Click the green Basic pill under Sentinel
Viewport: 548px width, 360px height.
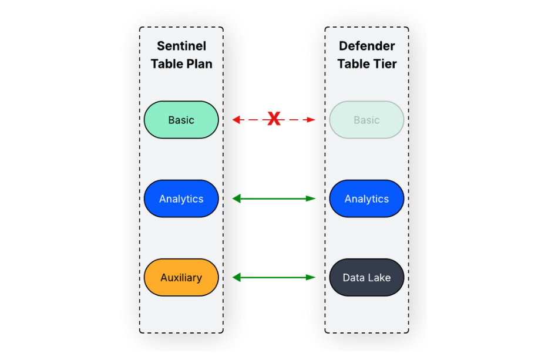(x=181, y=120)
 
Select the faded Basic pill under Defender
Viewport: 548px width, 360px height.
(x=367, y=120)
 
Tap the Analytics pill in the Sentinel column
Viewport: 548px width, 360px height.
(x=181, y=198)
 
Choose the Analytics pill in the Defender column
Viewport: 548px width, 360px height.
(x=367, y=198)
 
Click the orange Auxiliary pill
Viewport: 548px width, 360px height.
(x=181, y=277)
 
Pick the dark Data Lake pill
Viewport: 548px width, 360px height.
(x=367, y=277)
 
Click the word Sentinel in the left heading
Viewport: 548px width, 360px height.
(x=181, y=46)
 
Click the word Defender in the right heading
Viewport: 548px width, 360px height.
(x=367, y=46)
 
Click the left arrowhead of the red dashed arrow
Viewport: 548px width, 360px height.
(x=236, y=120)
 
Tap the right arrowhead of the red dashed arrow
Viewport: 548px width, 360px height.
(x=311, y=120)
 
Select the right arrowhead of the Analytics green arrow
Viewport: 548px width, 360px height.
(x=311, y=198)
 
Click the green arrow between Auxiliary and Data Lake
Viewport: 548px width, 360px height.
(x=274, y=277)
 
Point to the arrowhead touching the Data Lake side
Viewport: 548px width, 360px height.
(x=311, y=277)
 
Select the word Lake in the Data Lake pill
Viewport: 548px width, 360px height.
(x=379, y=277)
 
